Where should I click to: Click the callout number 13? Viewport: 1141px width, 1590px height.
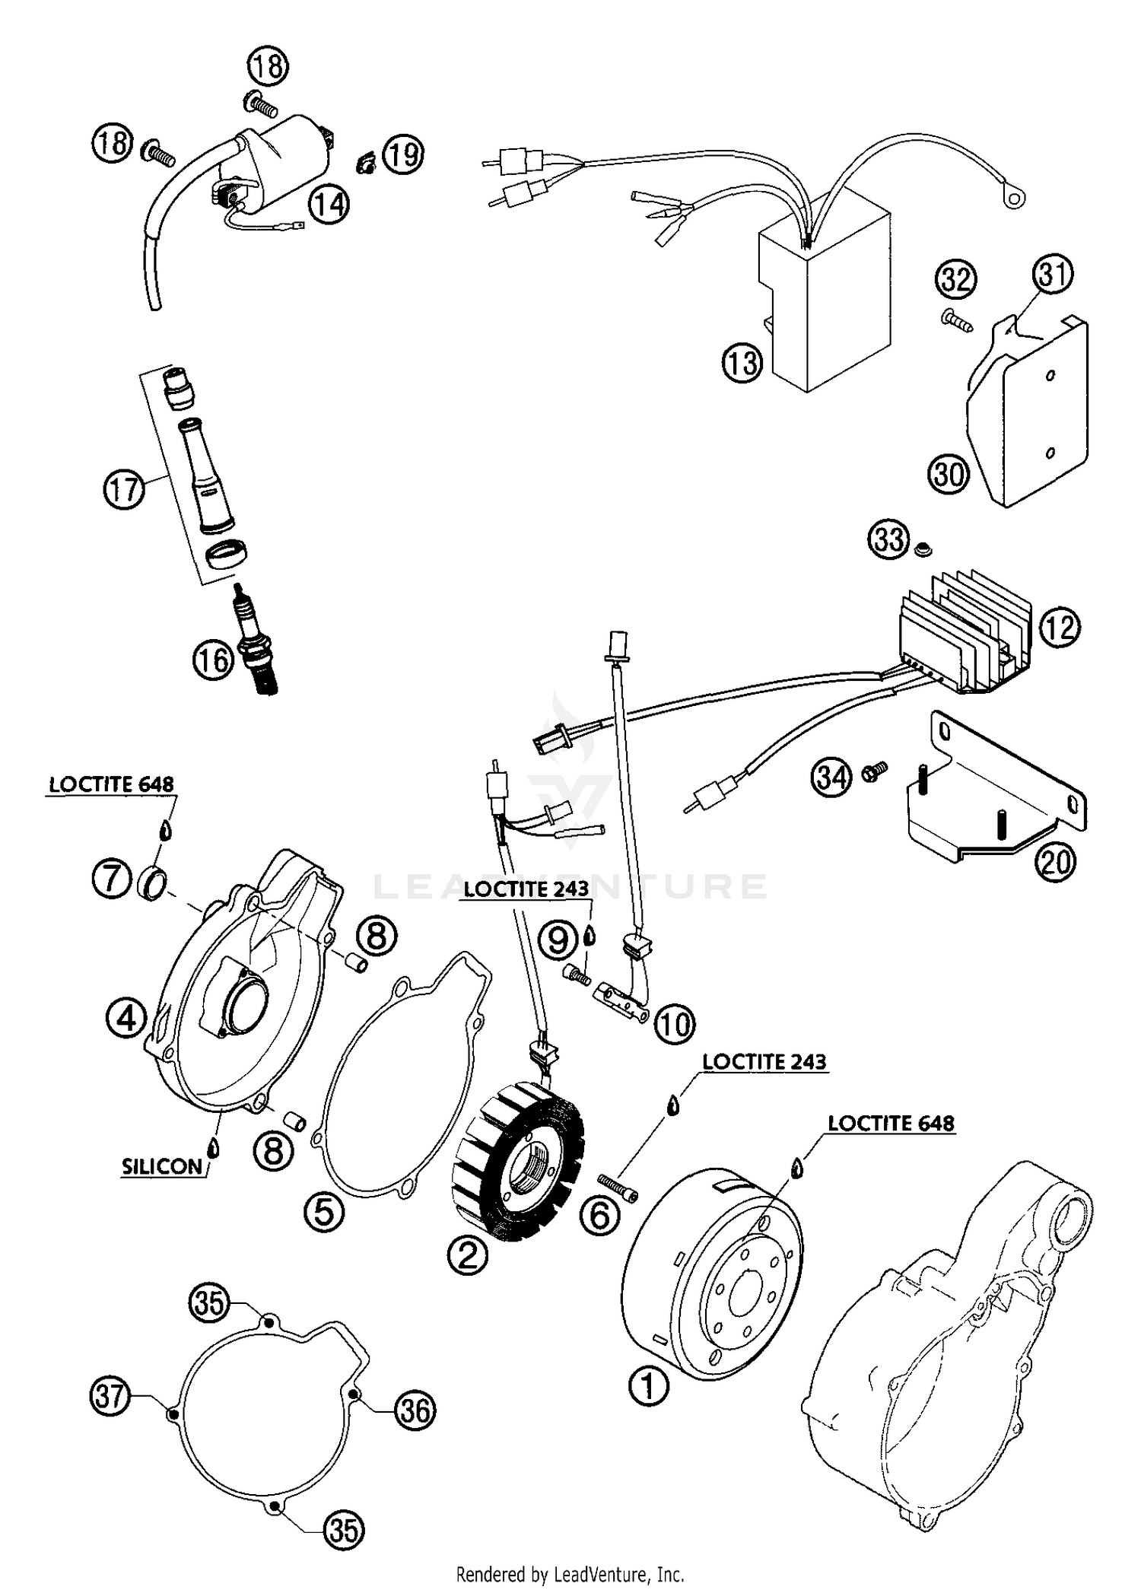[x=742, y=363]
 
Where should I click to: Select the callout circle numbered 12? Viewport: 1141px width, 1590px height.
[x=1059, y=628]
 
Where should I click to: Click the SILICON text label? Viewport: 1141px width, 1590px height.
[x=162, y=1167]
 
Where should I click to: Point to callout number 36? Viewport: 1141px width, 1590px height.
[x=415, y=1410]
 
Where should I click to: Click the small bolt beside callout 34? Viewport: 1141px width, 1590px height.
[x=873, y=773]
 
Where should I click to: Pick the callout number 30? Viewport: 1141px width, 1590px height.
[x=948, y=474]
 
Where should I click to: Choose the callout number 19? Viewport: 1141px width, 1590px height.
[x=403, y=154]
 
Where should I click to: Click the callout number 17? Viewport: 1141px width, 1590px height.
[x=123, y=488]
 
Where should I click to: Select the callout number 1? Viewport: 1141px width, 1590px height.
[x=648, y=1386]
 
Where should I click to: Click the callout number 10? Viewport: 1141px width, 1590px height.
[x=674, y=1025]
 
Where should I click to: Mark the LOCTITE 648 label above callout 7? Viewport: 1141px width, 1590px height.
[x=112, y=784]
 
